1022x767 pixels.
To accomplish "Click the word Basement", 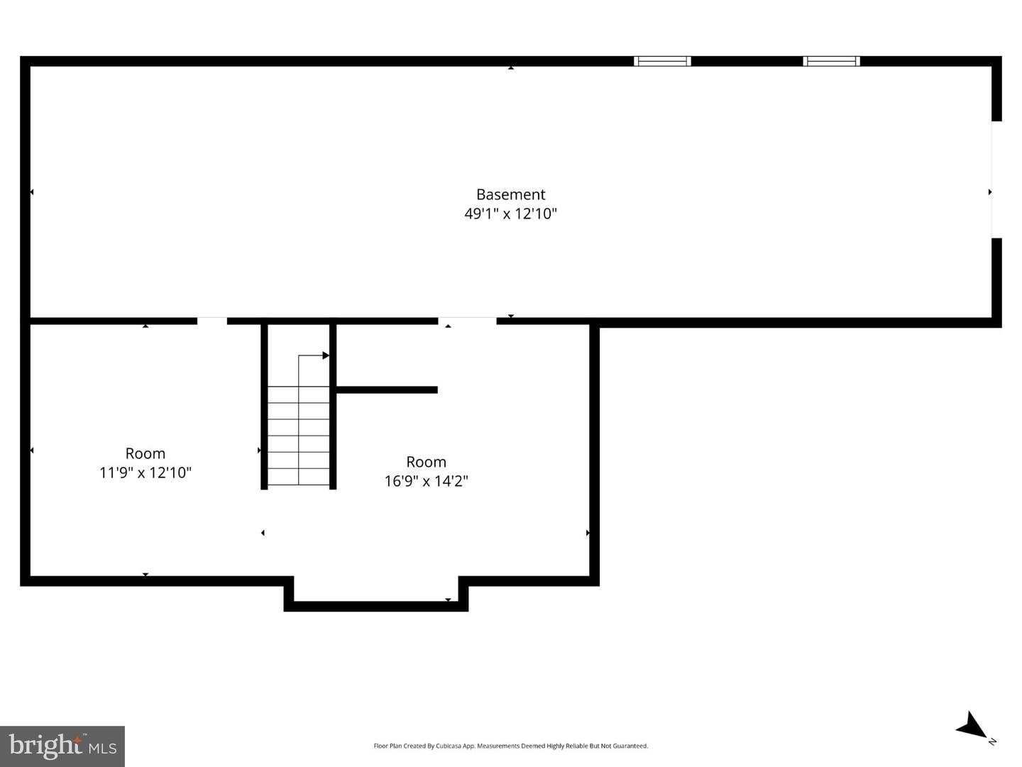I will pyautogui.click(x=510, y=194).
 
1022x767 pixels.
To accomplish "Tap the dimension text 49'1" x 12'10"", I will pyautogui.click(x=510, y=214).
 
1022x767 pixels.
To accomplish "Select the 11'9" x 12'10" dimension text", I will pyautogui.click(x=145, y=473).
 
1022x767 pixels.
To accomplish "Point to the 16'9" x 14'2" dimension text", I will pyautogui.click(x=426, y=481).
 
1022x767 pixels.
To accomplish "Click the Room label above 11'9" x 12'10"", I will pyautogui.click(x=145, y=453).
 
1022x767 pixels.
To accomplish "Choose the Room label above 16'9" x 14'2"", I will pyautogui.click(x=426, y=462).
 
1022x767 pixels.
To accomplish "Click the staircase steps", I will pyautogui.click(x=298, y=436).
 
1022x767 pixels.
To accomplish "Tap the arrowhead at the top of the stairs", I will pyautogui.click(x=326, y=355).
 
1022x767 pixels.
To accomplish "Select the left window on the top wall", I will pyautogui.click(x=662, y=61).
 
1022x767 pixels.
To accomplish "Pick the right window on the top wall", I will pyautogui.click(x=831, y=61).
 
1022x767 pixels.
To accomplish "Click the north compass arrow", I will pyautogui.click(x=970, y=726).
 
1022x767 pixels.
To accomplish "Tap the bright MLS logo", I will pyautogui.click(x=62, y=746).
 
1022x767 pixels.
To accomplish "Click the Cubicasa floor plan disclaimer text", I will pyautogui.click(x=510, y=746).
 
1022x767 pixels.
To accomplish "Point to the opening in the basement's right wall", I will pyautogui.click(x=996, y=180).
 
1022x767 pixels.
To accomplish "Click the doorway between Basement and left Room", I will pyautogui.click(x=211, y=321).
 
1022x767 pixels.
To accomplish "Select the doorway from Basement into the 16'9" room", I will pyautogui.click(x=467, y=321).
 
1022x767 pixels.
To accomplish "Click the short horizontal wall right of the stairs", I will pyautogui.click(x=386, y=390).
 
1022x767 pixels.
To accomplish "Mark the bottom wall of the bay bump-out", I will pyautogui.click(x=376, y=607).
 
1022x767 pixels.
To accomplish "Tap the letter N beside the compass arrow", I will pyautogui.click(x=992, y=741).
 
